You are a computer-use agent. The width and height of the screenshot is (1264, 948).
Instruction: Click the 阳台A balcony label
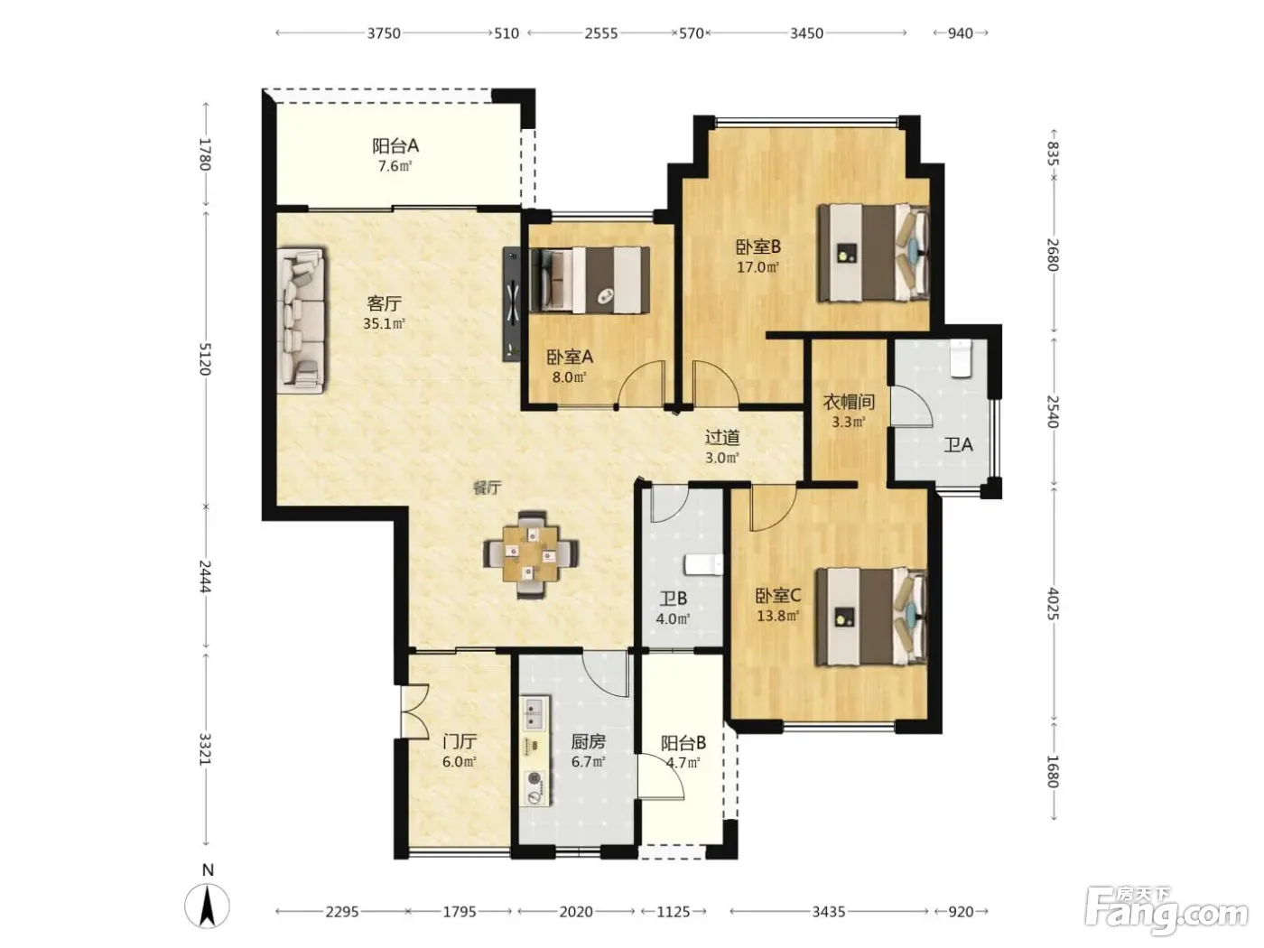point(395,146)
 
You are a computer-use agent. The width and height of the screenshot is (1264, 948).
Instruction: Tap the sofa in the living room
point(301,321)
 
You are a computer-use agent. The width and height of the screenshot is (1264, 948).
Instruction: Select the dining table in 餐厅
point(531,554)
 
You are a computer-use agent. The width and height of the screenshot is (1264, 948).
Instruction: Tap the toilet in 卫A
point(961,358)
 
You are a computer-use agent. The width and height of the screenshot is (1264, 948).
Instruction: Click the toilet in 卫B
point(703,564)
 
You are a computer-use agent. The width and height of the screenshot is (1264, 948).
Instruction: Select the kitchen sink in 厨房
point(534,714)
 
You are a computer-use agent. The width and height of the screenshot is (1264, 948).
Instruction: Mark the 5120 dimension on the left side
point(205,358)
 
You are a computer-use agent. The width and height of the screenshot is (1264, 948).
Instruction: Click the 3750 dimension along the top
point(384,33)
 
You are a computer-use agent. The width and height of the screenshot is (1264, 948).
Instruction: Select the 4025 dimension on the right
point(1054,603)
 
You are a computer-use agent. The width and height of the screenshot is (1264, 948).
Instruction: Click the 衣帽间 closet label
point(849,402)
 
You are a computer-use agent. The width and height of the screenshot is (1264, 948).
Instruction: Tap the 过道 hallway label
point(722,438)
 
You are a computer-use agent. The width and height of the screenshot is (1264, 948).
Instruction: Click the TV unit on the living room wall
point(511,304)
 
